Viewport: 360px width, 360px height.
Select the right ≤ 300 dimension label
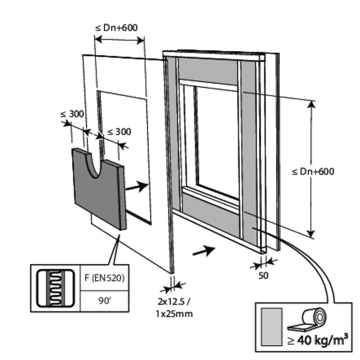118,132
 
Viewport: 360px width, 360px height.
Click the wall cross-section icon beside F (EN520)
55,287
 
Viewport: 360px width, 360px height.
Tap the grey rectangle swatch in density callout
272,328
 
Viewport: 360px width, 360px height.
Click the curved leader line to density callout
312,264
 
